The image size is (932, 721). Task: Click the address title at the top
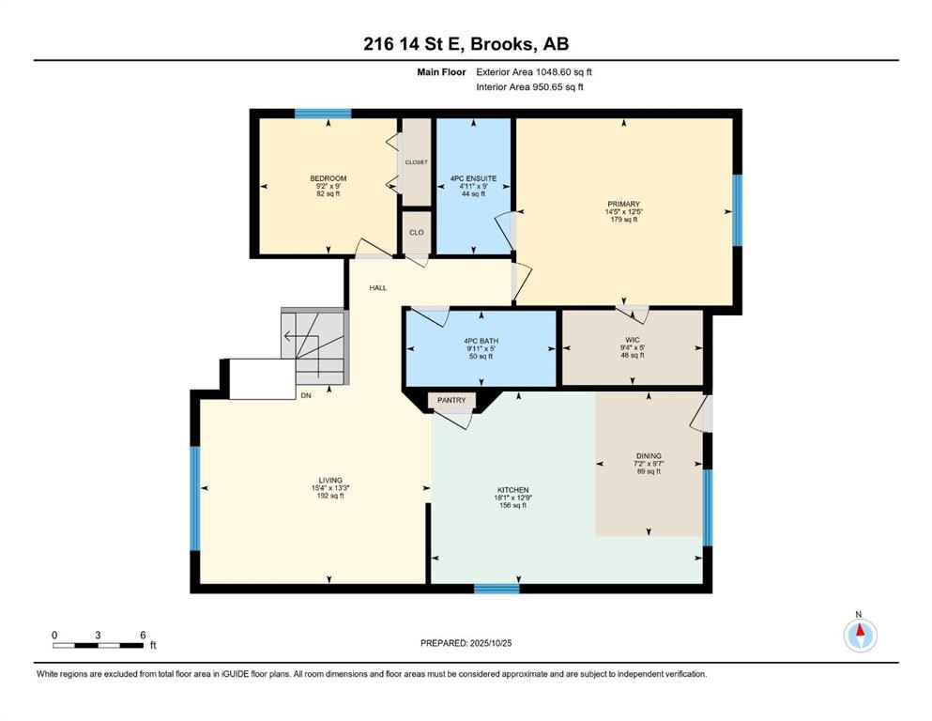(466, 44)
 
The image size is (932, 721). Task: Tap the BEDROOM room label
(328, 179)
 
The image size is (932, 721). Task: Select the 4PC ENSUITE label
(473, 178)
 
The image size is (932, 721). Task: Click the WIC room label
(632, 340)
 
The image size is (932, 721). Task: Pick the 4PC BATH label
(479, 341)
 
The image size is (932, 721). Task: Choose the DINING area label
(649, 457)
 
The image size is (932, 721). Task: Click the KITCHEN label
(512, 490)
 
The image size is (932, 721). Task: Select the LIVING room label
(328, 481)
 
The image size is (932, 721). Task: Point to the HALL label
(377, 288)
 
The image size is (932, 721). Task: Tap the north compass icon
(859, 635)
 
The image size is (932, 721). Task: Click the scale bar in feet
(98, 645)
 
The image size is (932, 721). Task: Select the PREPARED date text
(466, 643)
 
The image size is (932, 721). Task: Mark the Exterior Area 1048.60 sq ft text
(534, 71)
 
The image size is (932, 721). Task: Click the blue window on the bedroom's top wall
(323, 114)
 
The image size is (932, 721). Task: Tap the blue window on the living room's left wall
(195, 498)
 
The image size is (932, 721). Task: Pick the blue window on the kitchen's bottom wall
(496, 589)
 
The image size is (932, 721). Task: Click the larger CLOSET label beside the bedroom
(416, 162)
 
